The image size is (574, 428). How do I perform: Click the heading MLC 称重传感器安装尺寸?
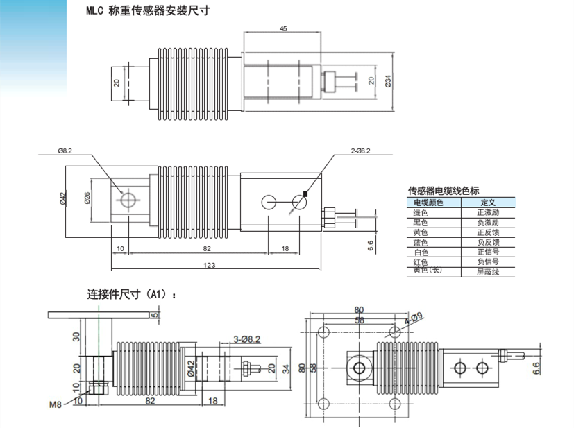click(x=147, y=11)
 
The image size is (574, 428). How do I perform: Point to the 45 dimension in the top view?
click(x=283, y=28)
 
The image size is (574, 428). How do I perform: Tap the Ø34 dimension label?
click(x=389, y=81)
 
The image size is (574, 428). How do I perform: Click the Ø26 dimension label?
click(x=88, y=198)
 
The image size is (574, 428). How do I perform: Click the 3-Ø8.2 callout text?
click(x=246, y=339)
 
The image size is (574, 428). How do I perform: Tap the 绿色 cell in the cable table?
click(x=421, y=213)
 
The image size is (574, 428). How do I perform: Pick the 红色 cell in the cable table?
click(x=421, y=262)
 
